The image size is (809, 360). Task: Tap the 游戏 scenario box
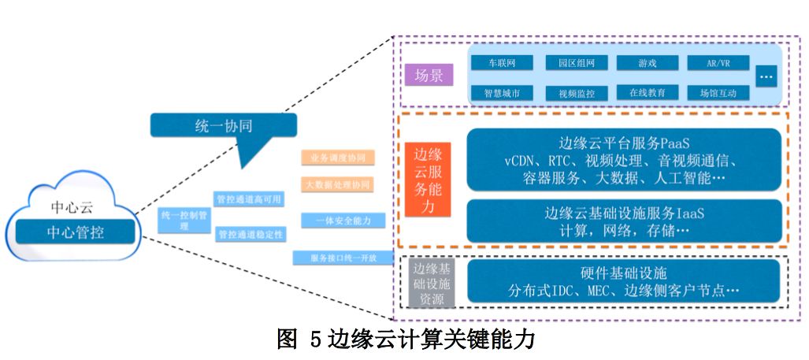[647, 62]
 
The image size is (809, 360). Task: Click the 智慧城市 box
[502, 93]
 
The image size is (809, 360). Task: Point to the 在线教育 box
[647, 93]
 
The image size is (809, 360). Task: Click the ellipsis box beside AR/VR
[766, 77]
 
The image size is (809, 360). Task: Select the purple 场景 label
[429, 76]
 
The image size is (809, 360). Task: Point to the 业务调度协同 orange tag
[337, 158]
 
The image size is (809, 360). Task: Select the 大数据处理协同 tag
[337, 184]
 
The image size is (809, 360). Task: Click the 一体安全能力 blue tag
[337, 221]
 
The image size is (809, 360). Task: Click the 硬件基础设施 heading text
[623, 273]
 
